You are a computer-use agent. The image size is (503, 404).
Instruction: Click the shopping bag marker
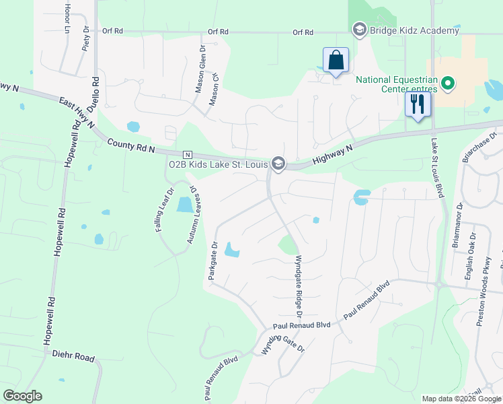[x=336, y=60]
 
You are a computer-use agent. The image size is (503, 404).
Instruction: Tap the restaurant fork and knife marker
[x=418, y=104]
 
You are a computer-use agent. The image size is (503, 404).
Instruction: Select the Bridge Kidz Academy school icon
[x=358, y=30]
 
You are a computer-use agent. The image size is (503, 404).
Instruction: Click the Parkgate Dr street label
[x=212, y=261]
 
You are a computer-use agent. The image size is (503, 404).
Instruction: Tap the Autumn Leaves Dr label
[x=196, y=215]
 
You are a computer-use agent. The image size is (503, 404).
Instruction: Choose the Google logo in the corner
[x=22, y=396]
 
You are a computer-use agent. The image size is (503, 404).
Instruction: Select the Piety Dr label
[x=85, y=40]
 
